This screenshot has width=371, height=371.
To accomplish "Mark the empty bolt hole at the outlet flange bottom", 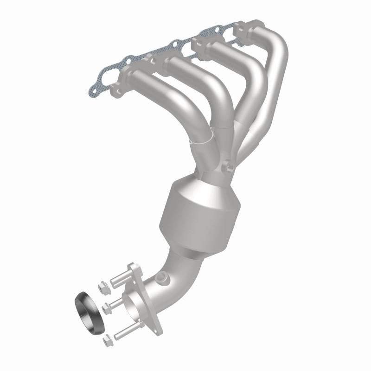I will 158,327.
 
